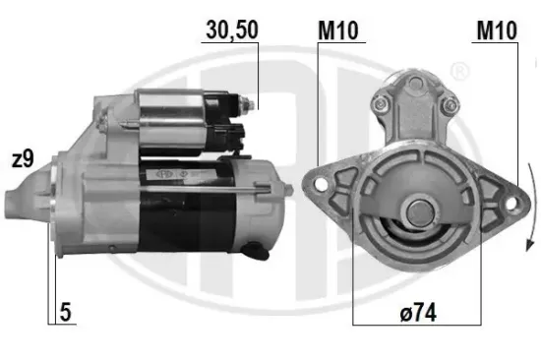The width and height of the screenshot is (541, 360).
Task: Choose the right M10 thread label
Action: (x=498, y=30)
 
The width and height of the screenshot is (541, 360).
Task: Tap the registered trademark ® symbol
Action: (x=458, y=71)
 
